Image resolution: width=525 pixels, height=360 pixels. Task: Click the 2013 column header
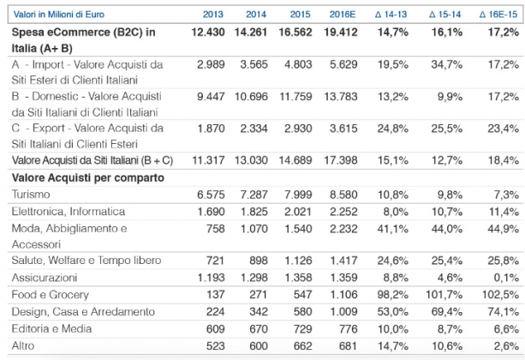pos(213,15)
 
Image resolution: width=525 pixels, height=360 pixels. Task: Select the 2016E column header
pos(343,15)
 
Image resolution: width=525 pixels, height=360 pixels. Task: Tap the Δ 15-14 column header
pos(445,15)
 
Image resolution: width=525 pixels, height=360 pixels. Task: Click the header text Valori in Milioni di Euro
pos(59,15)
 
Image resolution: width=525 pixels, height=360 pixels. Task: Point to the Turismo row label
pos(31,195)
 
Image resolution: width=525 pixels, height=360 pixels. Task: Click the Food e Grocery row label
pos(51,295)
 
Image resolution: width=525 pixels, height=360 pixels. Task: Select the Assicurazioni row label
pos(45,278)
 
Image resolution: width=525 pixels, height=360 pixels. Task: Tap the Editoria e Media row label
pos(51,328)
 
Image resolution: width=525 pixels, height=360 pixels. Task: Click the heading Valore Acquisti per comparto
pos(88,177)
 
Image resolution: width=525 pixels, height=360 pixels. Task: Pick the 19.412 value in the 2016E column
pos(341,33)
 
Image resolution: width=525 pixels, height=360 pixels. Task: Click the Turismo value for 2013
pos(211,195)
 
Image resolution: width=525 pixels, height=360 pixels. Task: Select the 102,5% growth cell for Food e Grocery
pos(500,295)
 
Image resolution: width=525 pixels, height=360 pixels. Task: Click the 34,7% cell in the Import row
pos(447,64)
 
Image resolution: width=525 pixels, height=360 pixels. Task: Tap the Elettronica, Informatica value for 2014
pos(254,212)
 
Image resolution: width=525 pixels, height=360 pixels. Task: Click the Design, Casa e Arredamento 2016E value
pos(343,312)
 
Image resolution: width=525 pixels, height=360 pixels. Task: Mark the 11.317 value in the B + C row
pos(208,160)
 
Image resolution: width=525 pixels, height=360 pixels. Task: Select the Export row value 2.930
pos(298,129)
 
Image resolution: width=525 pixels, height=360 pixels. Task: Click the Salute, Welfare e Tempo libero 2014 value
pos(259,261)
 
